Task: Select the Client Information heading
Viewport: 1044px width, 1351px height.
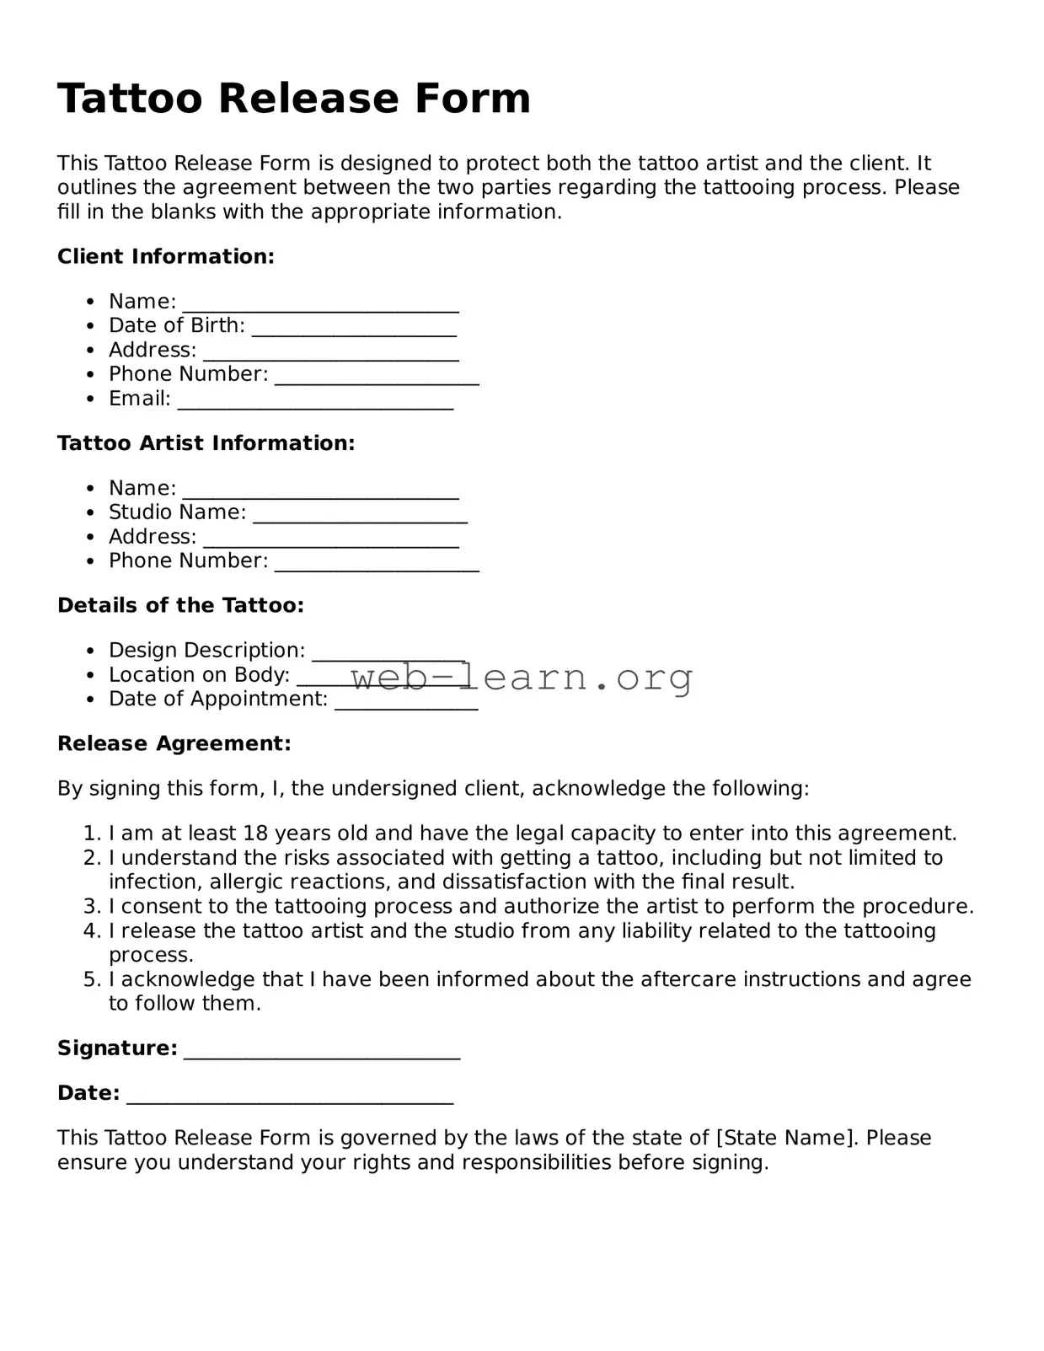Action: point(166,257)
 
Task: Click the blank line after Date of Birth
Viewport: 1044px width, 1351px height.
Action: point(354,331)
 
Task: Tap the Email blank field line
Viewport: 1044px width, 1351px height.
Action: point(315,405)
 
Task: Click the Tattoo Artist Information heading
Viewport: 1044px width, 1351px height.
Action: point(206,443)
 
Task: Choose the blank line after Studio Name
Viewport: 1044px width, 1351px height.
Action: point(360,518)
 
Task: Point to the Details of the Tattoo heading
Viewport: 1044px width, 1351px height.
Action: point(180,606)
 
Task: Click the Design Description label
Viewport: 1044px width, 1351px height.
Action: point(206,651)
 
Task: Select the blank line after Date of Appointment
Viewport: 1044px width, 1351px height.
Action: point(406,705)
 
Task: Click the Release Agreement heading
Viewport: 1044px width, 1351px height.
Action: point(174,744)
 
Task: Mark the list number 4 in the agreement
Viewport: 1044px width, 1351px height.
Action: point(92,931)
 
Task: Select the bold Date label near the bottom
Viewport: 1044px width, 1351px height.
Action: point(88,1094)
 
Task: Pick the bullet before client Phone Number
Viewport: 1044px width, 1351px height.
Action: point(90,375)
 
